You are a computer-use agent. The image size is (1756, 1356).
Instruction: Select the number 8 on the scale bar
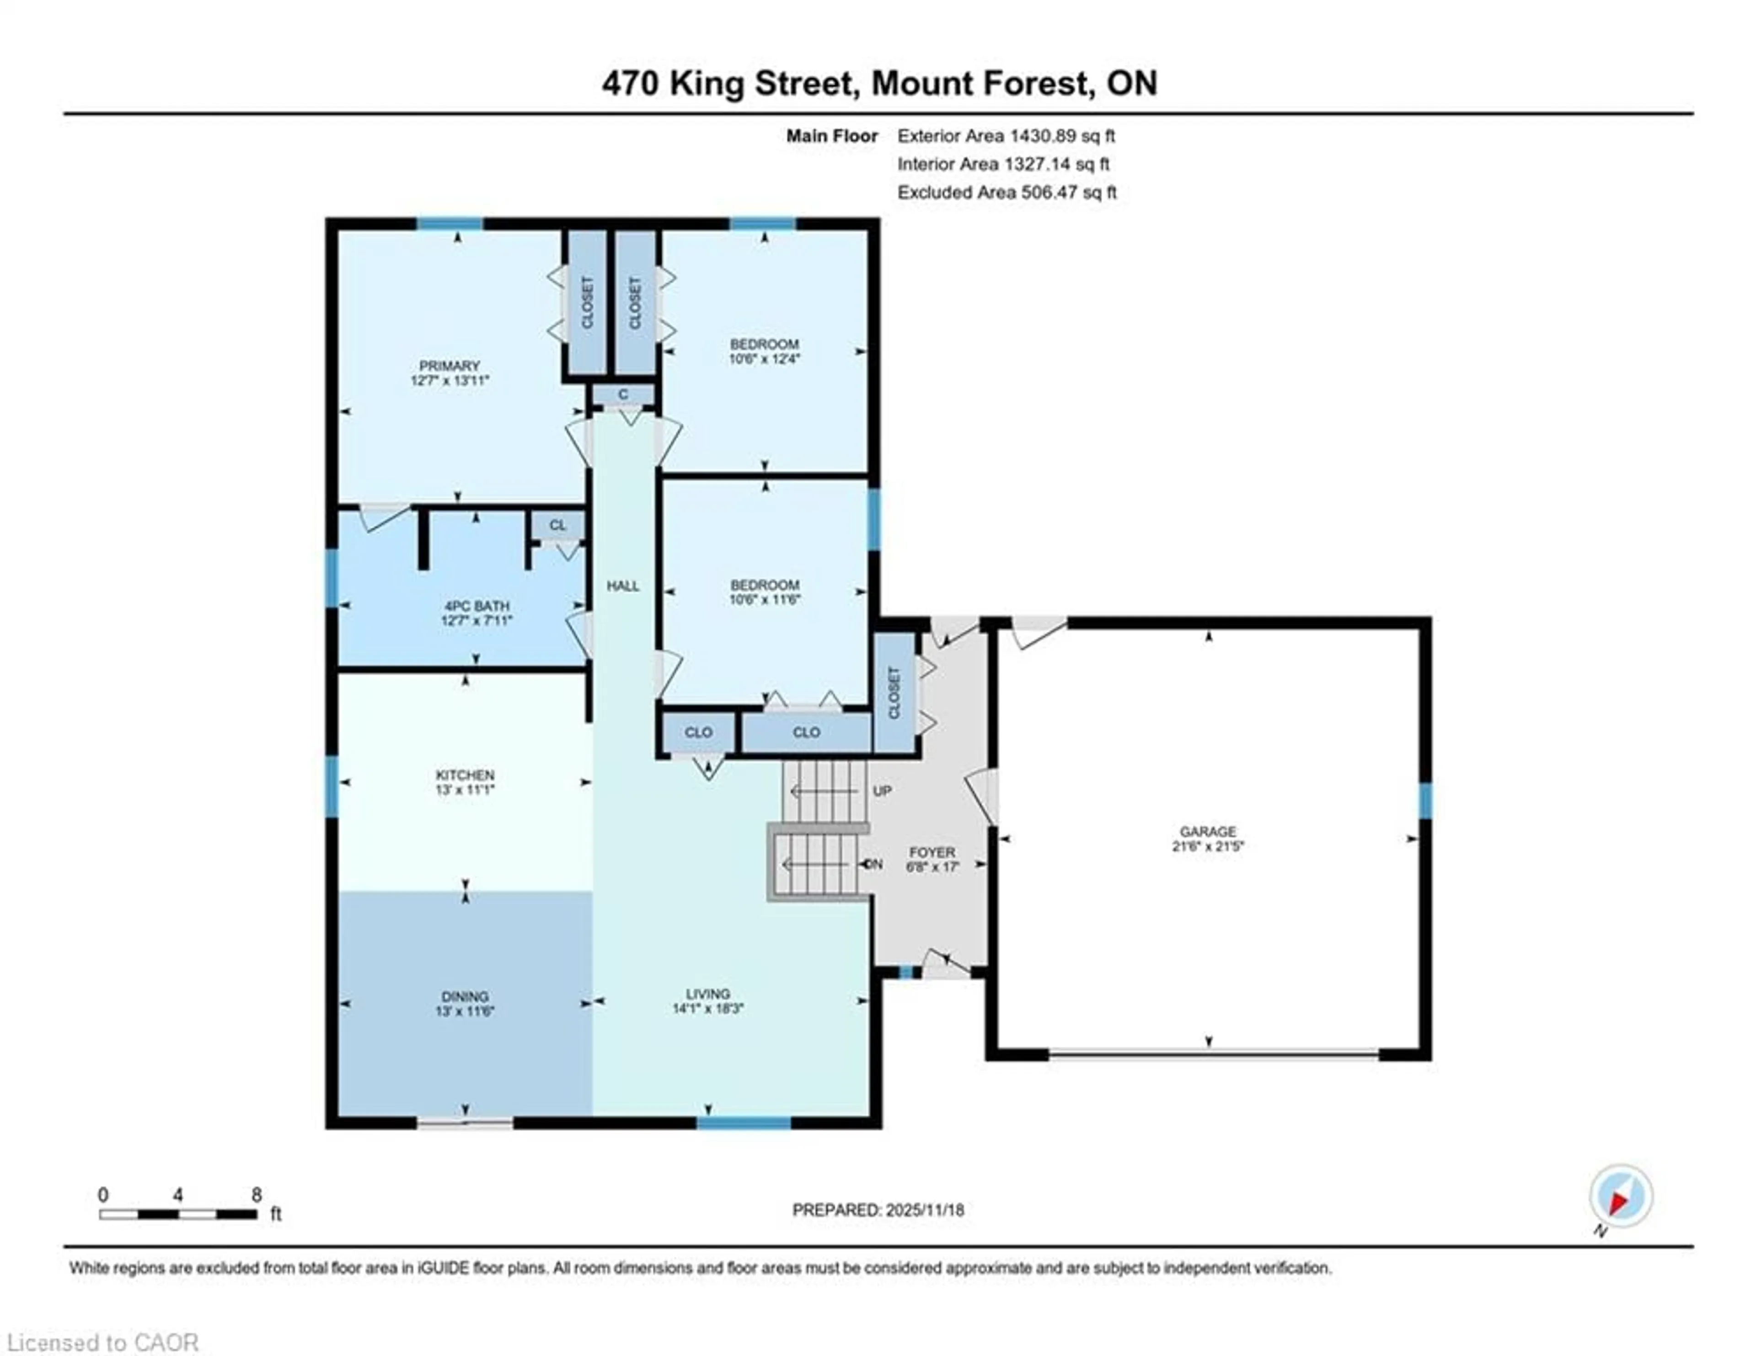pyautogui.click(x=257, y=1195)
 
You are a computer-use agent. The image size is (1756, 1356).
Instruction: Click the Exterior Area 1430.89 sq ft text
pyautogui.click(x=1006, y=136)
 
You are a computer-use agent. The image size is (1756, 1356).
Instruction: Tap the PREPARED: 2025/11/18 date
pyautogui.click(x=878, y=1210)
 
